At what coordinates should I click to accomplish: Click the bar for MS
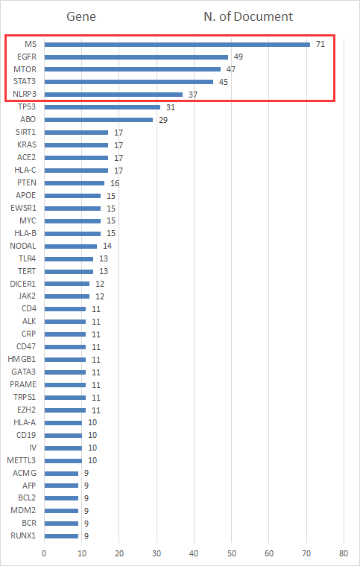point(177,45)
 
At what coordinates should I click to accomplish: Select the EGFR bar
point(136,57)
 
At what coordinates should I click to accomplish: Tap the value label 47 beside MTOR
point(231,69)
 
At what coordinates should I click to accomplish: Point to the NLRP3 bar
point(113,95)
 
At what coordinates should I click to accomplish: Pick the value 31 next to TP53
point(171,107)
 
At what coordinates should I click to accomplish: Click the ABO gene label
point(28,119)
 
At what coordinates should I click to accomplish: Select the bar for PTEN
point(75,183)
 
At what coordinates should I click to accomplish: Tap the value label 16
point(115,183)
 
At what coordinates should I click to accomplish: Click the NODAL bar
point(70,247)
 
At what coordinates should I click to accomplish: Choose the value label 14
point(107,247)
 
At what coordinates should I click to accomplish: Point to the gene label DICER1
point(23,284)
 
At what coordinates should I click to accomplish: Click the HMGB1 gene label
point(22,359)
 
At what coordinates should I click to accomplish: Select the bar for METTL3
point(63,460)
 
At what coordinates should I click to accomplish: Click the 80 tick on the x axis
point(344,553)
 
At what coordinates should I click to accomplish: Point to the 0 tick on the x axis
point(44,553)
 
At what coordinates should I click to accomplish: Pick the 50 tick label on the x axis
point(232,553)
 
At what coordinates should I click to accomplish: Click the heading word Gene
point(81,16)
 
